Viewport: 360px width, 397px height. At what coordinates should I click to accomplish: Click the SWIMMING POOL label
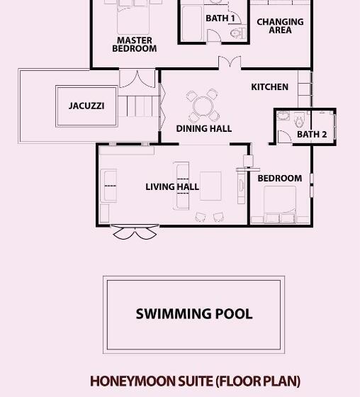point(194,313)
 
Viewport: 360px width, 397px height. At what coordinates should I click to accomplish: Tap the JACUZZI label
point(86,106)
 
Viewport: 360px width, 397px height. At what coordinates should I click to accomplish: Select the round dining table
point(202,106)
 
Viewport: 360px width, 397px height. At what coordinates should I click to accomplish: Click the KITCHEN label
point(269,87)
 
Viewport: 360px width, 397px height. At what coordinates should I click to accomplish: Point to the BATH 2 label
point(312,135)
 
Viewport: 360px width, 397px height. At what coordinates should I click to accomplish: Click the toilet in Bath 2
point(299,121)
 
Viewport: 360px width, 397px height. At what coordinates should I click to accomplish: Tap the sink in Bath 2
point(283,116)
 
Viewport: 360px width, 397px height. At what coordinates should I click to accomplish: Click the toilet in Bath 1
point(237,33)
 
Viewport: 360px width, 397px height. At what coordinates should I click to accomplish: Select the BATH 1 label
point(220,18)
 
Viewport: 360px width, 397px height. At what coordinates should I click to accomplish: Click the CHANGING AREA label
point(280,26)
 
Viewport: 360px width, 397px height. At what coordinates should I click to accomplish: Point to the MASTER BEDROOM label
point(135,44)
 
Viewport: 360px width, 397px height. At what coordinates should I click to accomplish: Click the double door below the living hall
point(135,232)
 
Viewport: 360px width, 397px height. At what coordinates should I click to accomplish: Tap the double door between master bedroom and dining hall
point(230,62)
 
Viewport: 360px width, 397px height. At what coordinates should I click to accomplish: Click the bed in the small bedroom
point(280,205)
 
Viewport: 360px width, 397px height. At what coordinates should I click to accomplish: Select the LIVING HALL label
point(172,187)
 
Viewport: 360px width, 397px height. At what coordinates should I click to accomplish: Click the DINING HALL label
point(204,128)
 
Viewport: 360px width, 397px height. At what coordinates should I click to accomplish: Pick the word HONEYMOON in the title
point(133,381)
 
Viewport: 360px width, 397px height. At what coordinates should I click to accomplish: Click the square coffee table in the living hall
point(210,186)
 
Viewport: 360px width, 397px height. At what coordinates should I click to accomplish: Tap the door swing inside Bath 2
point(285,137)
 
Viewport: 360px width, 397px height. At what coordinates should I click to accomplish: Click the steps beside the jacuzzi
point(139,106)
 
